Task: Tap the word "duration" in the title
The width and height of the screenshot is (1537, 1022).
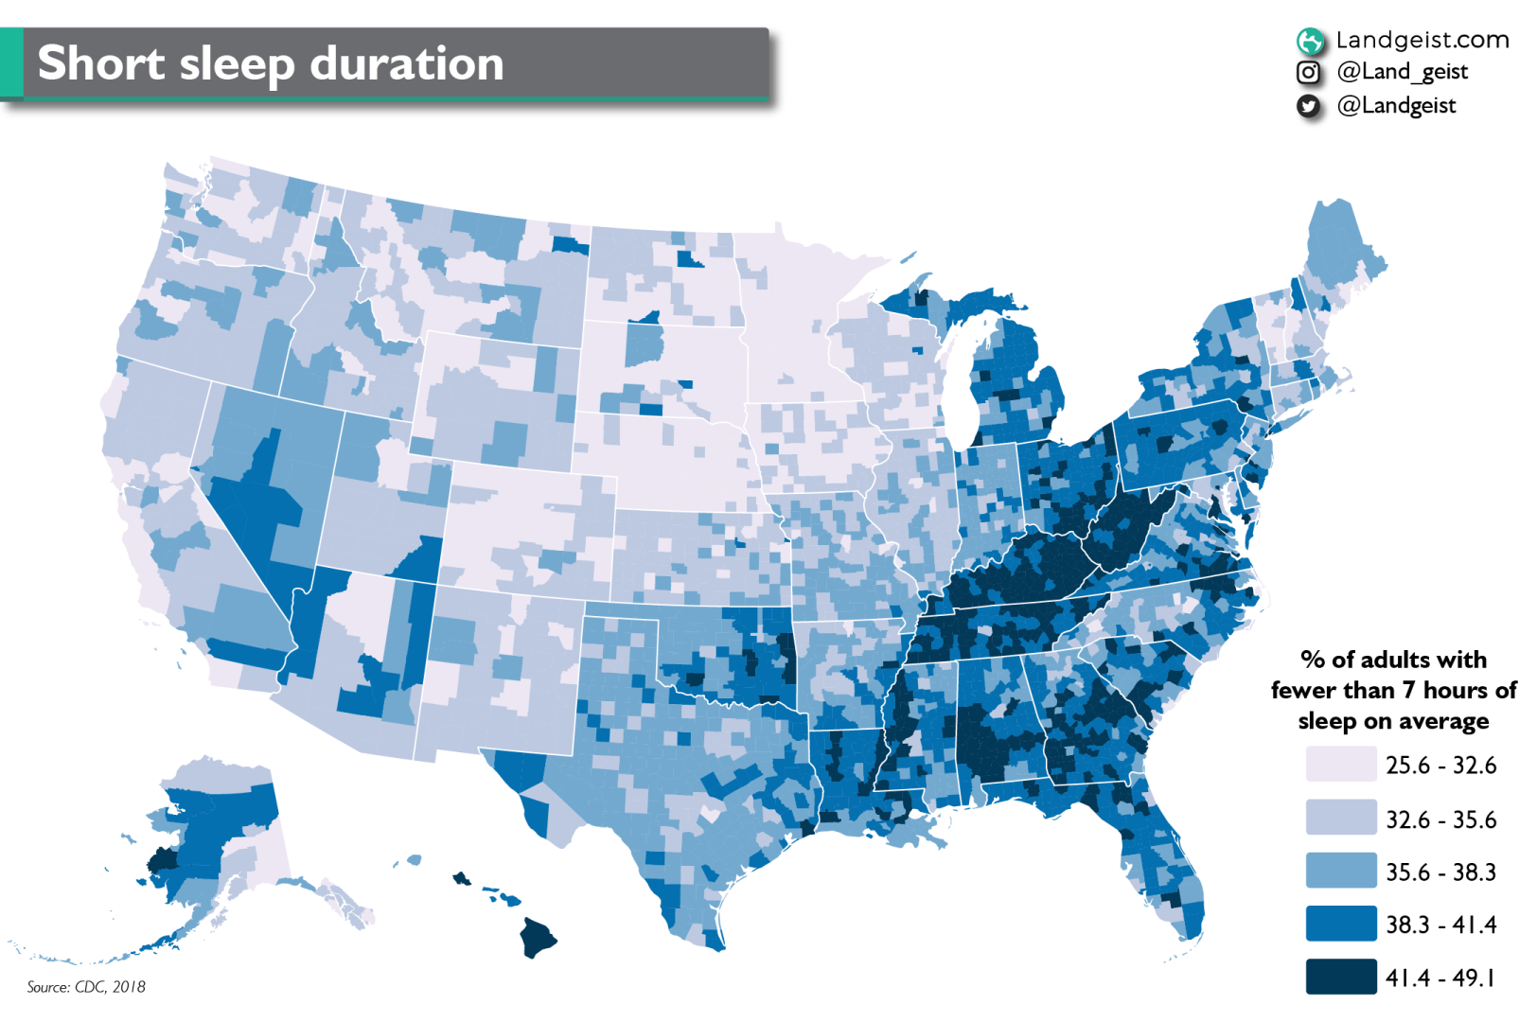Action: pos(407,63)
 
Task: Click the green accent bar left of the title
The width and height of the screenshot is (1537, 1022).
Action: pos(11,62)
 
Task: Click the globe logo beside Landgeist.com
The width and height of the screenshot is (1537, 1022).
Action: pos(1310,41)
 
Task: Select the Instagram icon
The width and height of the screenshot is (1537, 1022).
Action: pos(1308,72)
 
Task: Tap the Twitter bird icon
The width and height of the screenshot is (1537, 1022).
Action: pos(1308,106)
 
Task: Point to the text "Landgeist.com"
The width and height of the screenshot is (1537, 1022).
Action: pos(1422,40)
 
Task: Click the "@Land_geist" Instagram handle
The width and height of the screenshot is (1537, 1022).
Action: pos(1402,72)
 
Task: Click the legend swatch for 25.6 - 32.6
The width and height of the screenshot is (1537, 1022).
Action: pos(1340,764)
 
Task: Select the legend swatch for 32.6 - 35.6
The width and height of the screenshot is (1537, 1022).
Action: pos(1340,818)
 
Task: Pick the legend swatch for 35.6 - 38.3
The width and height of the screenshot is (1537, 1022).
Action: pos(1340,871)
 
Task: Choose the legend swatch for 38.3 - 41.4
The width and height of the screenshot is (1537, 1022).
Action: pos(1340,924)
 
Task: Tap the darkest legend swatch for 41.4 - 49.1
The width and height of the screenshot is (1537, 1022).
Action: pos(1340,977)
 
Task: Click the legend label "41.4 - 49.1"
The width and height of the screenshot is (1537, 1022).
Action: pos(1440,978)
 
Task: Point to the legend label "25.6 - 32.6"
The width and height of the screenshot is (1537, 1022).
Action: pos(1440,765)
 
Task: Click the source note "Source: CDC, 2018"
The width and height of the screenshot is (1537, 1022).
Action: pos(86,987)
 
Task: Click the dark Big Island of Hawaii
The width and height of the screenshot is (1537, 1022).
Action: pos(538,937)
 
